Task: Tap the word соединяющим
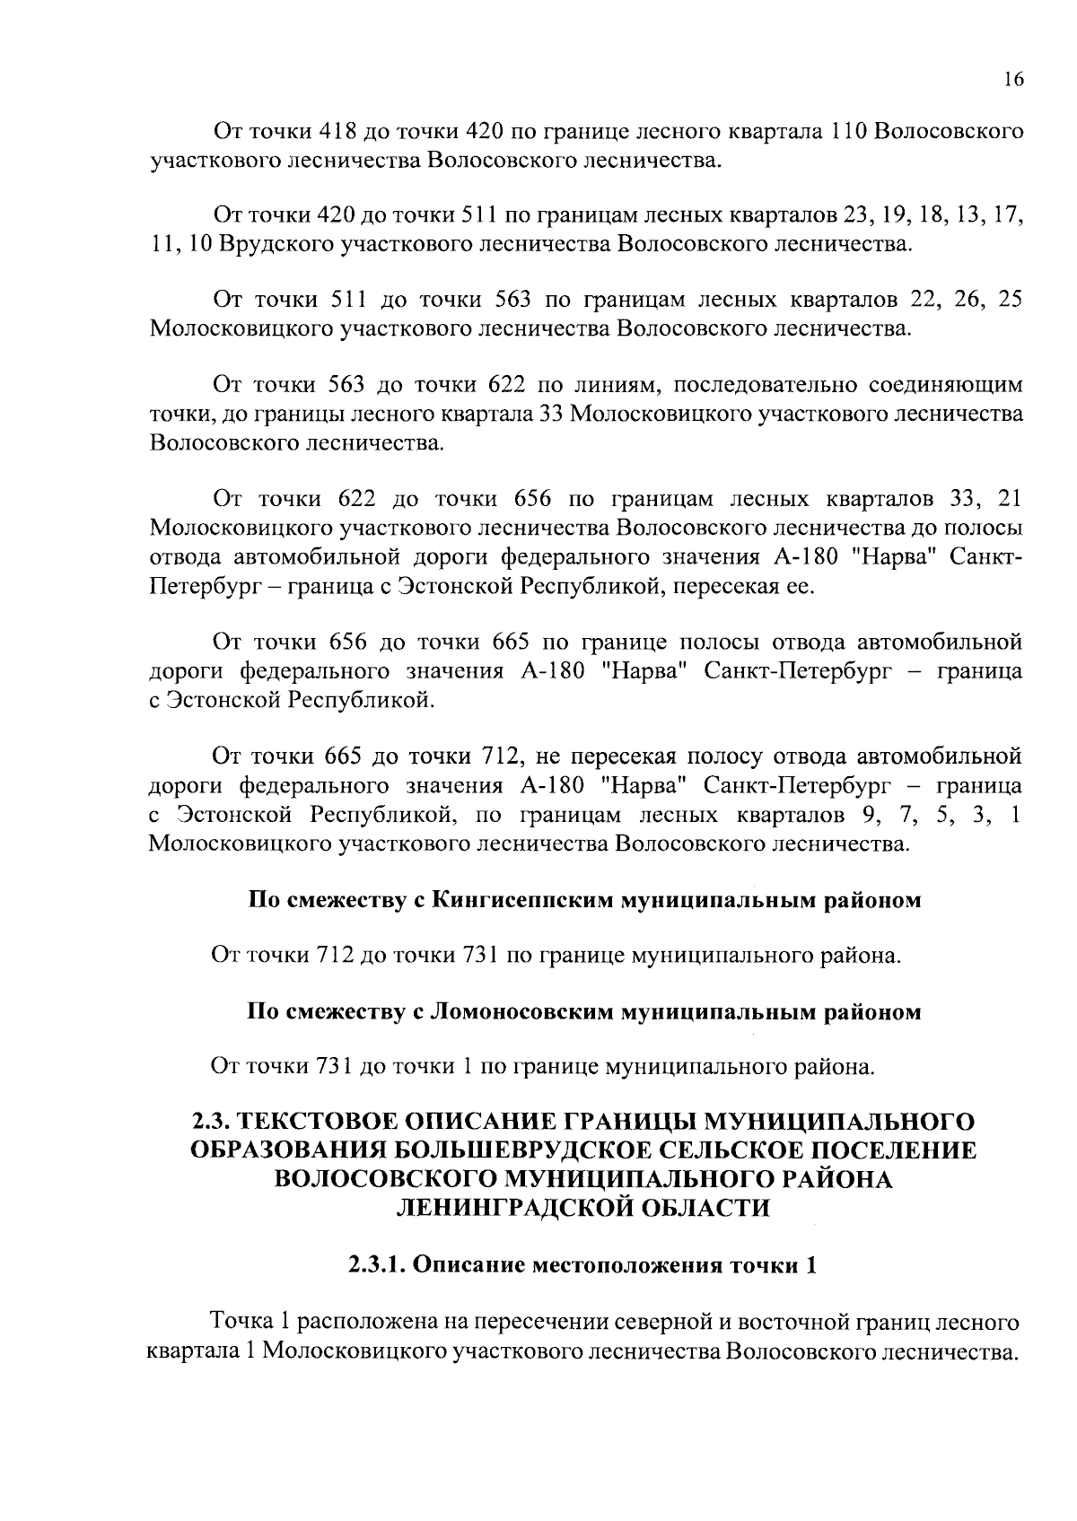[x=945, y=385]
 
